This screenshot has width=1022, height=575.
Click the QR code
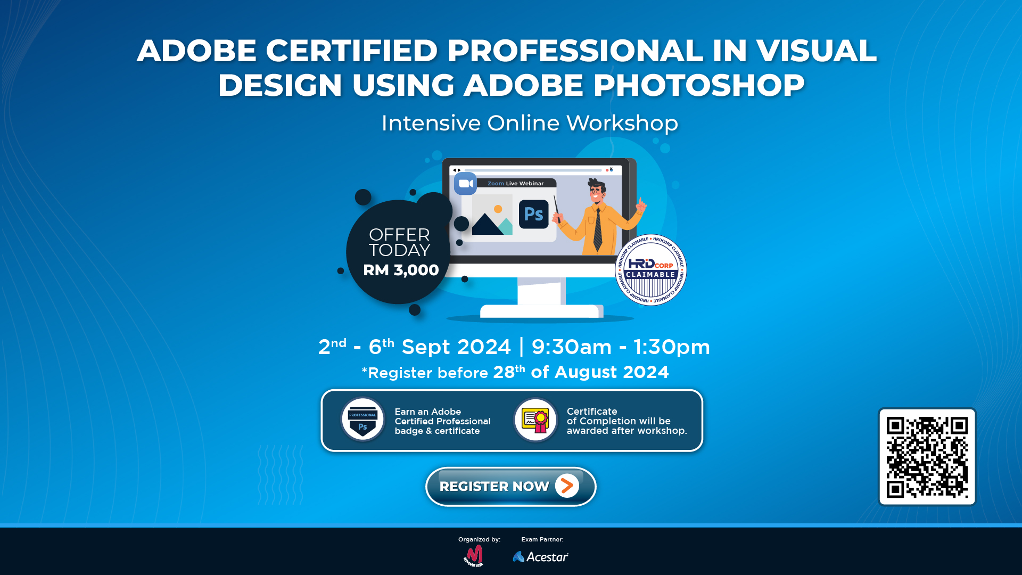[927, 457]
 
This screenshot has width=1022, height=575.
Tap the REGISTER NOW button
[510, 487]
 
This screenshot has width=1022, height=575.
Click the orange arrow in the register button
[567, 486]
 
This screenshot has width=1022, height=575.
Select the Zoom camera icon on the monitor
[466, 184]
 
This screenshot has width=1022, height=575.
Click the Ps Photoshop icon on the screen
[533, 214]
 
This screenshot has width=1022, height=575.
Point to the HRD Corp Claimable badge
[650, 270]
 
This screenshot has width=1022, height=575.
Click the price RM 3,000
[401, 270]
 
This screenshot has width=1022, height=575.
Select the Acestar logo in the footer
[540, 557]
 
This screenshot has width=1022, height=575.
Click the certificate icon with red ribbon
[535, 420]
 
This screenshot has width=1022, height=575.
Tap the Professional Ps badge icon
[362, 420]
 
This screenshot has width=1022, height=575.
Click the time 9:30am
[572, 347]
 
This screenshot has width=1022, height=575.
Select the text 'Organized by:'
[479, 539]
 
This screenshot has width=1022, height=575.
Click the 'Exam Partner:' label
[542, 539]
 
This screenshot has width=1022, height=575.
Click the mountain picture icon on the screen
[492, 215]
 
